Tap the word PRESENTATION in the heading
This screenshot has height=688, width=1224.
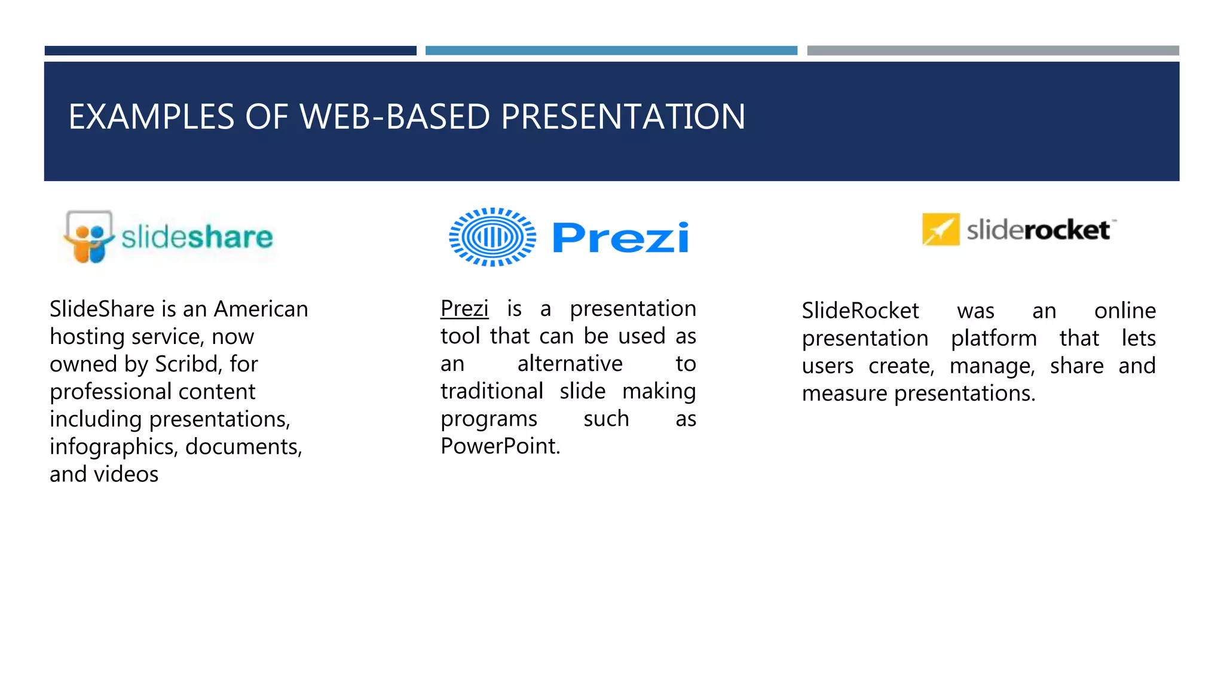(623, 116)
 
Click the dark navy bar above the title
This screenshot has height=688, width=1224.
(230, 51)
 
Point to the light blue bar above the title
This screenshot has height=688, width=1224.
(611, 51)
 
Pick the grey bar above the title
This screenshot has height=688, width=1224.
(993, 51)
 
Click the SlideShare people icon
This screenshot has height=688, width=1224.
(88, 237)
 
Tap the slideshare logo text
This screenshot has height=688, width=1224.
(197, 237)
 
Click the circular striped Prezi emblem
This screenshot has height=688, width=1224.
(492, 237)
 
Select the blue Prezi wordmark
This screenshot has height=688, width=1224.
(620, 238)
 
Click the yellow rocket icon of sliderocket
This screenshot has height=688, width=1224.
(941, 229)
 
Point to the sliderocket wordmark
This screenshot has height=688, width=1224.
(1039, 230)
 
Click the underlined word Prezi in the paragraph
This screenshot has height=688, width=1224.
(464, 309)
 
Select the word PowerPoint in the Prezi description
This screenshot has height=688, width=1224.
(500, 446)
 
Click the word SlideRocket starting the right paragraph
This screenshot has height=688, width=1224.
(860, 311)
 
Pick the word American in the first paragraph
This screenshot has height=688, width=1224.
(261, 309)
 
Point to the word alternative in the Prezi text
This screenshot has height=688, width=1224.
(570, 364)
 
